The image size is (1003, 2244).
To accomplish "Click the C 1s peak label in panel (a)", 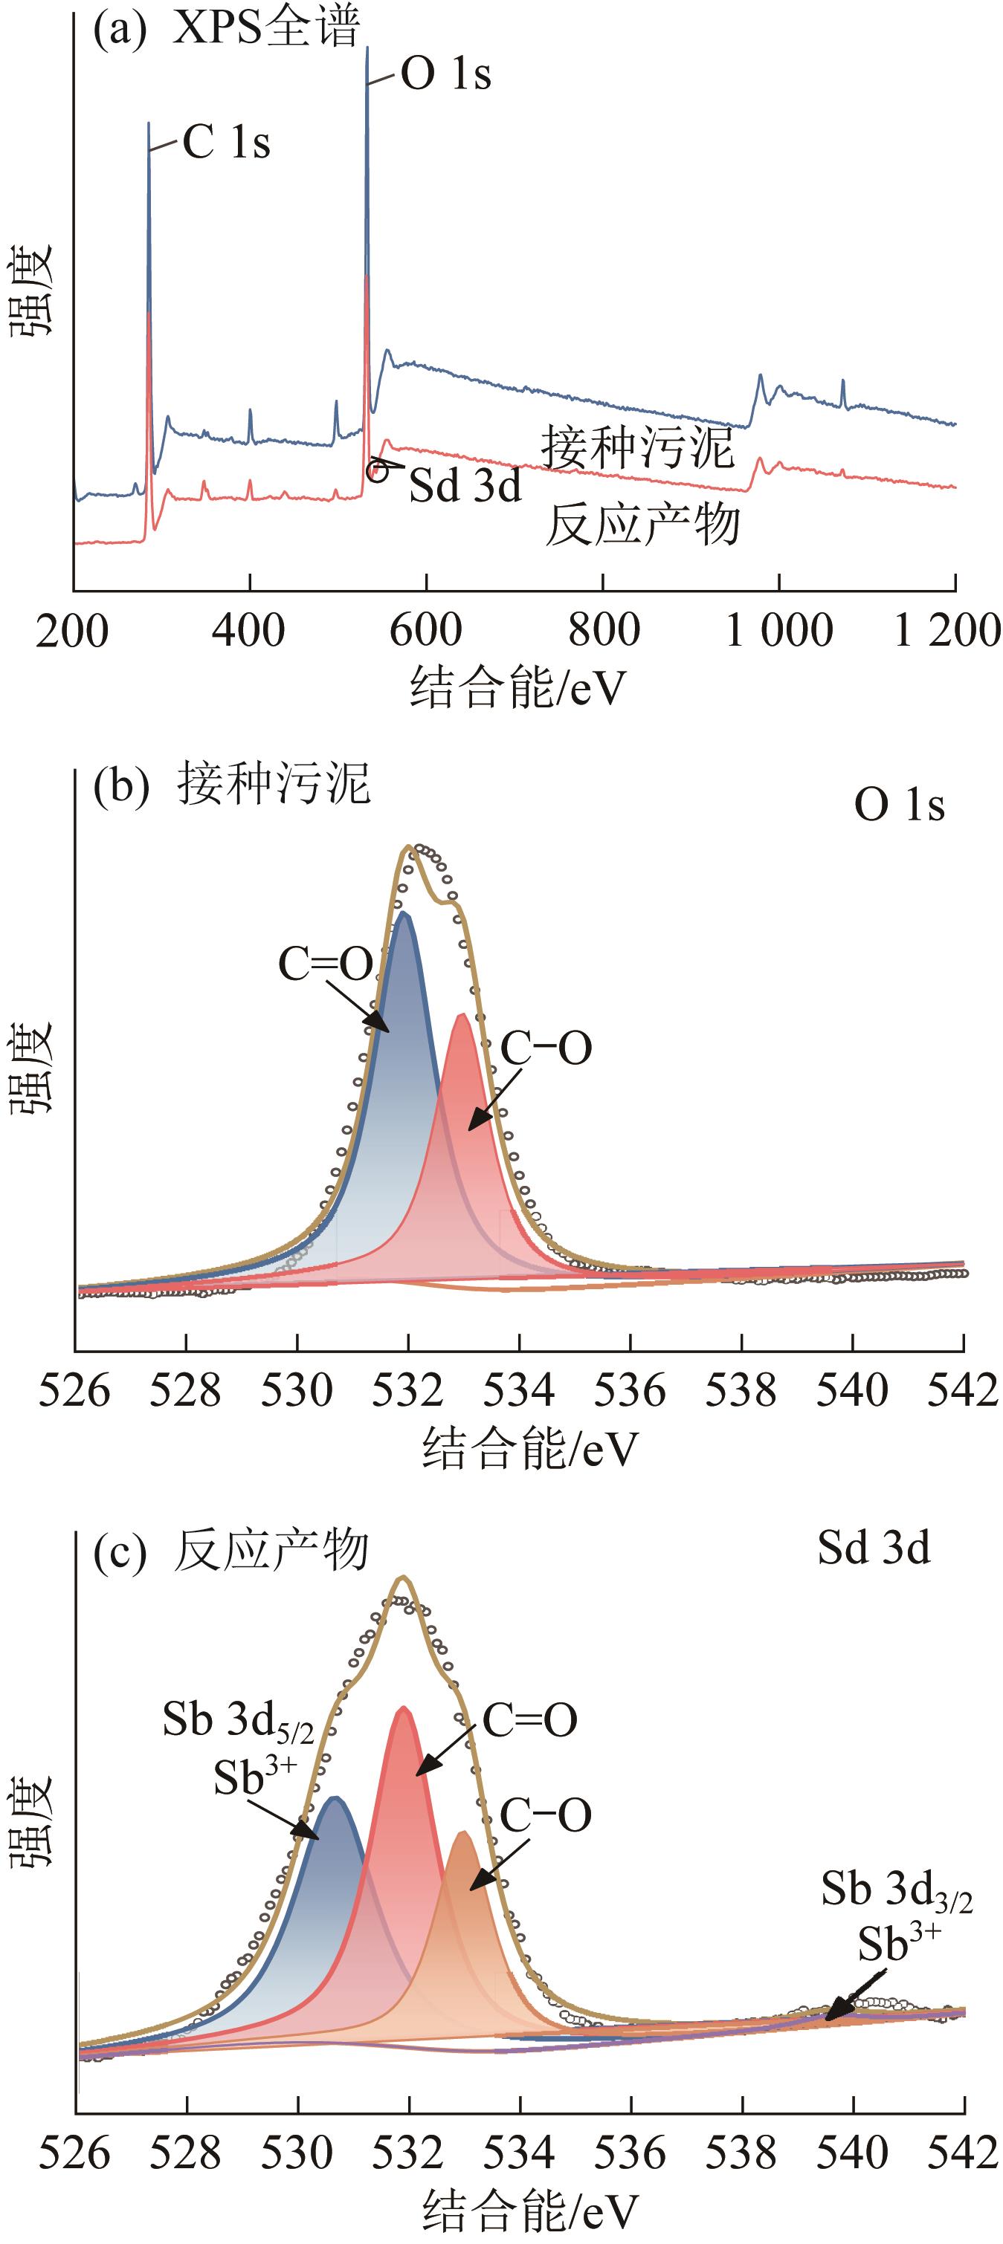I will click(227, 143).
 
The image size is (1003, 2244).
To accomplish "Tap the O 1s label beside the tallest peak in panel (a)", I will click(446, 75).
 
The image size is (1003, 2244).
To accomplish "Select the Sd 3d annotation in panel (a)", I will click(465, 485).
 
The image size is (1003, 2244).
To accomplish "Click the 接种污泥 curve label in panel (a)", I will click(638, 448).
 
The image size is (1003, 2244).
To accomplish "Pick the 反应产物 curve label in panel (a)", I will click(643, 525).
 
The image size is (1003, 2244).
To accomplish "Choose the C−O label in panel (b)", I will click(546, 1048).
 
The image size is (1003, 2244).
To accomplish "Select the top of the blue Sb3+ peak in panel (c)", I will click(333, 1798).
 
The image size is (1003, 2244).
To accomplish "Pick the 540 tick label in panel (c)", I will click(852, 2153).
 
